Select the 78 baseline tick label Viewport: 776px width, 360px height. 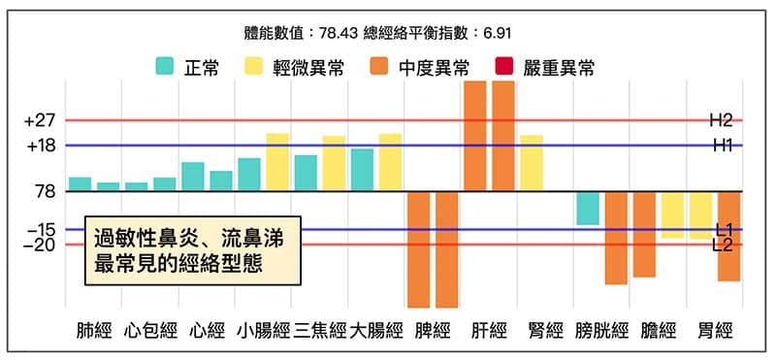[44, 192]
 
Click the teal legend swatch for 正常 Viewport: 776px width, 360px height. [164, 67]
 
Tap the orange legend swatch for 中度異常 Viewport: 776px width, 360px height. [379, 67]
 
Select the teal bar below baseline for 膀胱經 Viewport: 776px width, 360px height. [587, 209]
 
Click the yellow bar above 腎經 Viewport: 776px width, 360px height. [532, 163]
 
